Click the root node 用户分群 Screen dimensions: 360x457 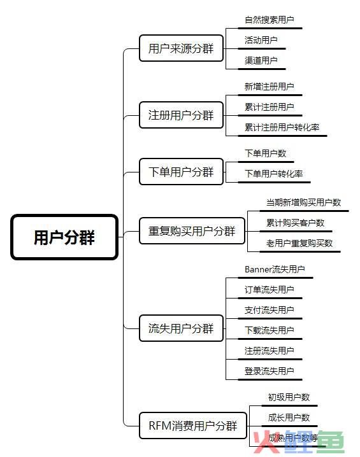(64, 237)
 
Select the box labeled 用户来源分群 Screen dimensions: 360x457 (181, 48)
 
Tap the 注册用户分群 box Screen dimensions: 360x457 (181, 115)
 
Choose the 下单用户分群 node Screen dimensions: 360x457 (181, 172)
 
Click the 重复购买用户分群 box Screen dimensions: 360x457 (192, 231)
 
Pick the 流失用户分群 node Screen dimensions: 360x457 (181, 328)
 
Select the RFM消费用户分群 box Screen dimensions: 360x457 (193, 426)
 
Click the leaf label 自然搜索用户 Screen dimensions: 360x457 (269, 20)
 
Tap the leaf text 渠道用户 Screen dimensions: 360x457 (261, 60)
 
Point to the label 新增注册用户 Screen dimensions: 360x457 (269, 87)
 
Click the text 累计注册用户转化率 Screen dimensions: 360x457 (282, 127)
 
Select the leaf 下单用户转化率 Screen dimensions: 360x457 (273, 174)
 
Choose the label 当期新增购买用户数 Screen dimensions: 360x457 (303, 202)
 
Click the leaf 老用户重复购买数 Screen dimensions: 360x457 (299, 243)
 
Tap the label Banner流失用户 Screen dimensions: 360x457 (275, 269)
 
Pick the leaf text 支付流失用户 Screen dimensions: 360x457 (269, 310)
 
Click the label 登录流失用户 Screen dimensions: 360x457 (269, 371)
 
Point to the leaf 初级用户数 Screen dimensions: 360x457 (289, 397)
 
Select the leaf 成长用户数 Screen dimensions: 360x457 (289, 418)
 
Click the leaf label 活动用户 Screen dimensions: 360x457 (261, 40)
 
